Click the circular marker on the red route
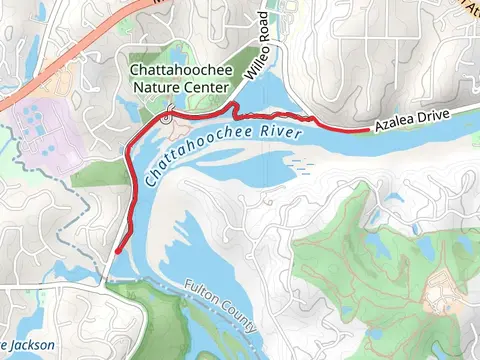(x=167, y=118)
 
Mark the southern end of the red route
(x=117, y=251)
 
